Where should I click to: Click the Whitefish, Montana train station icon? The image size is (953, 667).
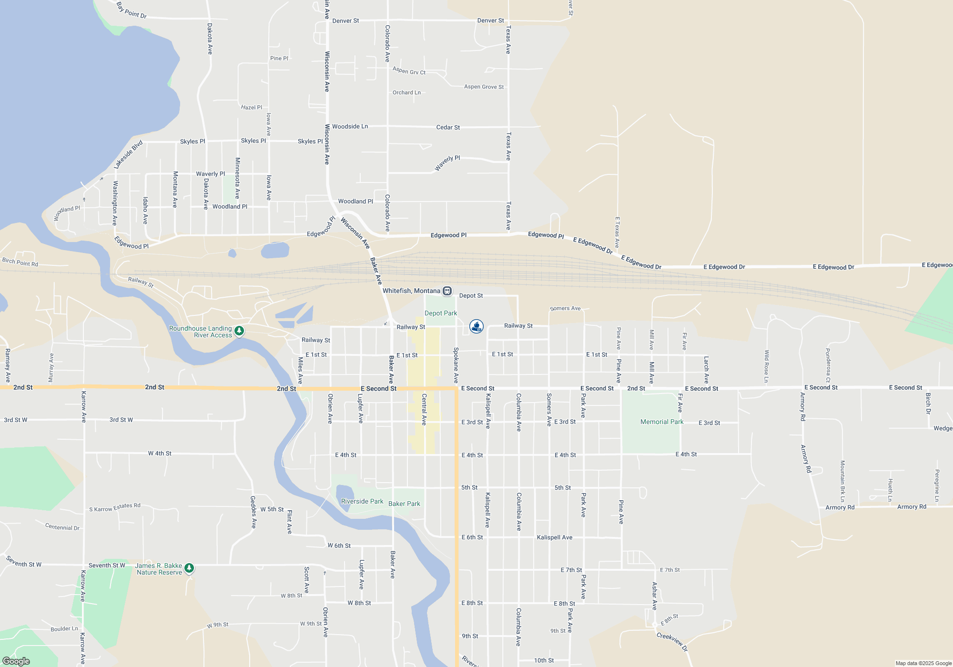(x=447, y=291)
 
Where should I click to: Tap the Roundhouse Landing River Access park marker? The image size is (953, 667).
(x=239, y=330)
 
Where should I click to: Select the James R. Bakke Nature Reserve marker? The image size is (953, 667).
(x=189, y=567)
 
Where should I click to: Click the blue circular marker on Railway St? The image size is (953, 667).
(x=476, y=326)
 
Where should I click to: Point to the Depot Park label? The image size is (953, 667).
(x=441, y=313)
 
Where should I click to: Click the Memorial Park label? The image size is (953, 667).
(x=662, y=422)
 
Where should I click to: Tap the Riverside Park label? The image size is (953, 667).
(x=362, y=501)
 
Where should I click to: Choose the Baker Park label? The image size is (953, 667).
(x=404, y=504)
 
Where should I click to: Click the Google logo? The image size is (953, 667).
(x=16, y=661)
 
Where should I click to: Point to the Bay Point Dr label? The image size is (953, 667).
(x=132, y=10)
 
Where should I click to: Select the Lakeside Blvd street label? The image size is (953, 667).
(x=128, y=154)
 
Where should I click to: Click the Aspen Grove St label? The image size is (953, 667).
(x=484, y=87)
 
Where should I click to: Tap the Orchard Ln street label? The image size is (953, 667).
(x=406, y=92)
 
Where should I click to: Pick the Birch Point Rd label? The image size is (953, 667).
(x=20, y=262)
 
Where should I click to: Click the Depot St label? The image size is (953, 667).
(x=471, y=295)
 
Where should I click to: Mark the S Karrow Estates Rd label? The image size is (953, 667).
(x=115, y=508)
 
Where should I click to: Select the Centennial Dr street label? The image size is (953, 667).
(x=62, y=527)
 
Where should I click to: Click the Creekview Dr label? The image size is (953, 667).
(x=672, y=641)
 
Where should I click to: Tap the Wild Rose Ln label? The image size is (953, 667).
(x=766, y=366)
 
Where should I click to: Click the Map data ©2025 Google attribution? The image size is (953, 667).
(x=923, y=663)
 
